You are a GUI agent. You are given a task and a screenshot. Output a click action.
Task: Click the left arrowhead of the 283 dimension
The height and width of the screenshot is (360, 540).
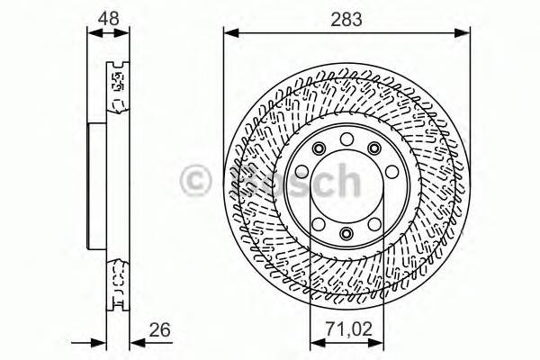pyautogui.click(x=229, y=33)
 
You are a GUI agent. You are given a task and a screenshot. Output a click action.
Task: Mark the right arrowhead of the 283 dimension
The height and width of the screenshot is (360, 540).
pyautogui.click(x=465, y=33)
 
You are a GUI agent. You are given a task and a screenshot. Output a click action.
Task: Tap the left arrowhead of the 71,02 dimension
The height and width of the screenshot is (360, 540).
pyautogui.click(x=314, y=341)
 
